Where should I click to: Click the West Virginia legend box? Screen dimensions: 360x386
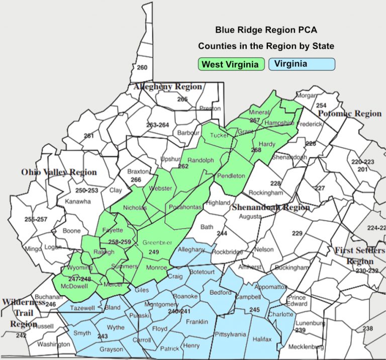tap(232, 64)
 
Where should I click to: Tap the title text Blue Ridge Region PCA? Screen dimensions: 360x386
tap(266, 30)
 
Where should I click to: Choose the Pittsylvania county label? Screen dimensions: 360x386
tap(230, 334)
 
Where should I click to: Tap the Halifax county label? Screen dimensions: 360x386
tap(262, 339)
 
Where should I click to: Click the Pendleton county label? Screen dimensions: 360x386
tap(231, 176)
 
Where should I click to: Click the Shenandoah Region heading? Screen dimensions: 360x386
tap(270, 207)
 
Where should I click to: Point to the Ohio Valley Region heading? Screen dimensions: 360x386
tap(59, 172)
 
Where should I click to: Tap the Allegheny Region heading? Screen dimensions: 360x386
tap(168, 86)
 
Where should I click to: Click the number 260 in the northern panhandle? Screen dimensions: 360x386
tap(142, 68)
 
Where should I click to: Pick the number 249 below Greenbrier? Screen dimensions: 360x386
tap(154, 252)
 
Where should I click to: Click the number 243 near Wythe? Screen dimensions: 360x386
tap(103, 336)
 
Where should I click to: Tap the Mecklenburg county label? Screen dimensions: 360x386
tap(306, 346)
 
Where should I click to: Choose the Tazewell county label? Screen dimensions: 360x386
tap(82, 308)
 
